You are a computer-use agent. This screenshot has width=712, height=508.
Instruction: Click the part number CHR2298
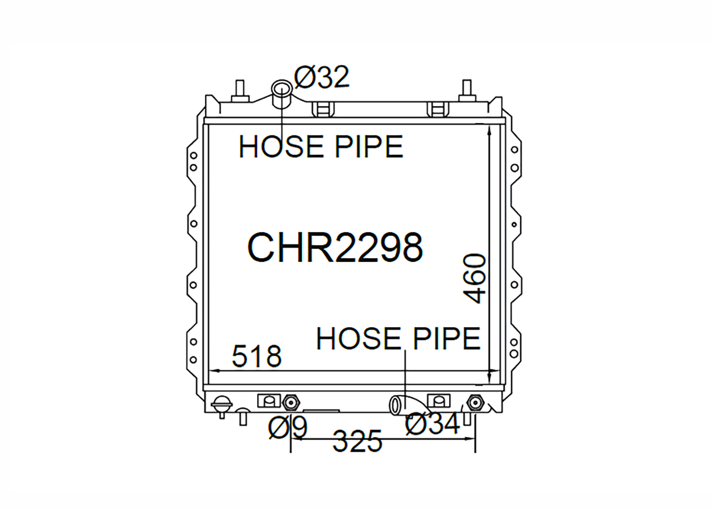(335, 247)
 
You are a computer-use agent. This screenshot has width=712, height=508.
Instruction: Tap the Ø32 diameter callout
(322, 77)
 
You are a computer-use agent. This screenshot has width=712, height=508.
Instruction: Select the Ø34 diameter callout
(433, 423)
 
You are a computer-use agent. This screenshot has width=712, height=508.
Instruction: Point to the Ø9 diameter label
(288, 428)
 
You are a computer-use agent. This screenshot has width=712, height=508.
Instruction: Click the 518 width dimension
(257, 356)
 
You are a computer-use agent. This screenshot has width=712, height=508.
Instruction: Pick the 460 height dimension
(475, 279)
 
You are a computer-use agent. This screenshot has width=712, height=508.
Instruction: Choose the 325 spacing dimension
(357, 441)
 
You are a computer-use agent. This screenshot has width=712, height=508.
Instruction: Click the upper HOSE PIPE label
(321, 147)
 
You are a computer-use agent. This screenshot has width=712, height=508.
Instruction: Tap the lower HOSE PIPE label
(398, 339)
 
